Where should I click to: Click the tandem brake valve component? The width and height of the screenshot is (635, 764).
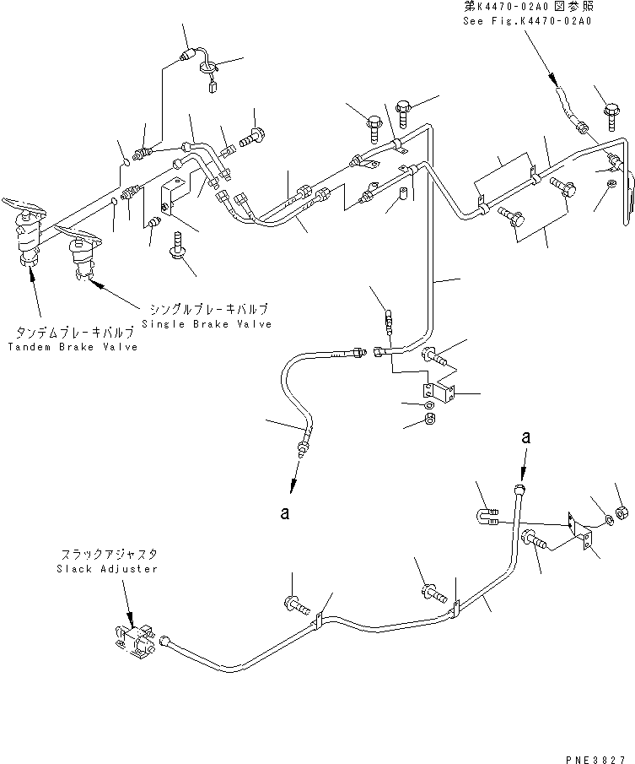click(29, 236)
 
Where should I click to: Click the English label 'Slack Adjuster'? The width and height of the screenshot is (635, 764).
click(109, 568)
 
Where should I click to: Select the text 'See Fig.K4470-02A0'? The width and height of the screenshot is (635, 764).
click(527, 20)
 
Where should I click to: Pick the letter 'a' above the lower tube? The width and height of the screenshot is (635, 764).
click(526, 437)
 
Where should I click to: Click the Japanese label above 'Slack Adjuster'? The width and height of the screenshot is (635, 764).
click(109, 555)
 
